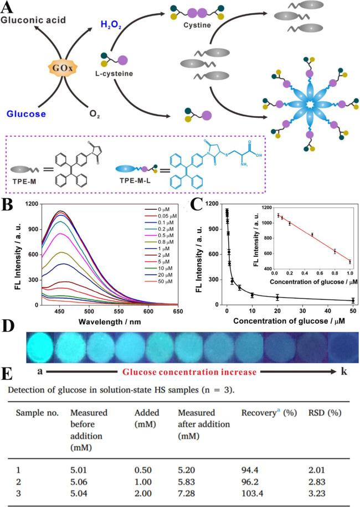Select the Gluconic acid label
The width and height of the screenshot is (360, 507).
coord(34,20)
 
